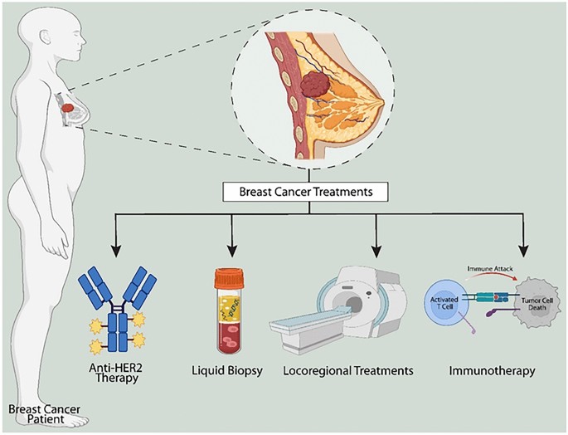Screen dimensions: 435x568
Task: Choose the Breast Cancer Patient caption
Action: [34, 415]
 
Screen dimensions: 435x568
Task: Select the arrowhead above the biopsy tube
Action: [232, 249]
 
